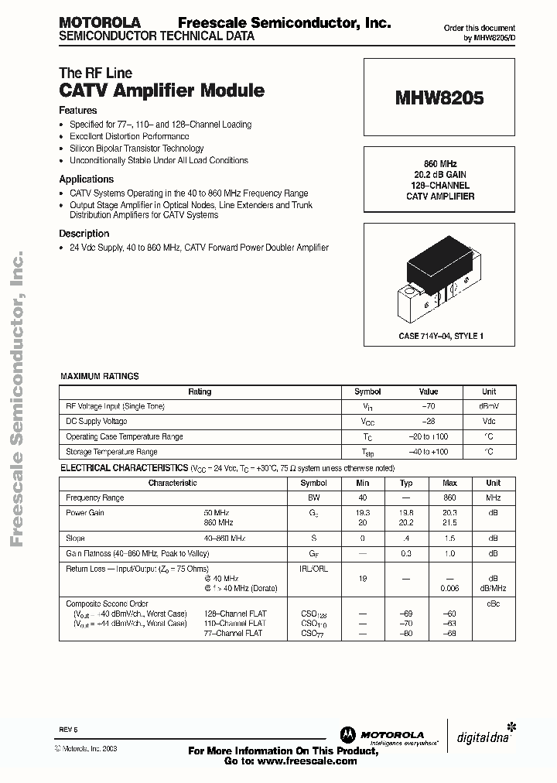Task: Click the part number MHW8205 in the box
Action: tap(439, 99)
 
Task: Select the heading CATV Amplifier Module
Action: tap(162, 91)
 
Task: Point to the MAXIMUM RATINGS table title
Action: tap(100, 376)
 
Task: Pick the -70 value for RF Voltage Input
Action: tap(428, 406)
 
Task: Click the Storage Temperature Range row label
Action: tap(111, 452)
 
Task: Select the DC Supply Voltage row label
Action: tap(97, 422)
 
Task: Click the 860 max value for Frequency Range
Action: tap(449, 497)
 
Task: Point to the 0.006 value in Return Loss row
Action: tap(449, 588)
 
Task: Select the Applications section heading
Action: tap(87, 179)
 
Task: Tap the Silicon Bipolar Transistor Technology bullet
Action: tap(136, 149)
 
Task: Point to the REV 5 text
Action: tap(69, 730)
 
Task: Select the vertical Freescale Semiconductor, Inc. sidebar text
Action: tap(16, 398)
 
